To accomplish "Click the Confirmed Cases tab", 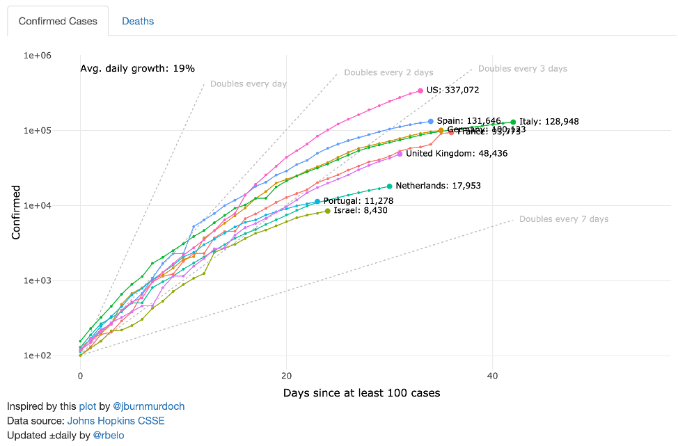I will click(x=58, y=21).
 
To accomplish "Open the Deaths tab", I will click(x=138, y=21).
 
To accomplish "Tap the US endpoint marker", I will click(x=420, y=90).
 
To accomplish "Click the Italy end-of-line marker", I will click(x=513, y=122).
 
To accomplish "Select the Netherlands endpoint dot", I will click(x=389, y=186).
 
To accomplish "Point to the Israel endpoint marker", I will click(x=328, y=210).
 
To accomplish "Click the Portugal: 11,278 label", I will click(x=358, y=201).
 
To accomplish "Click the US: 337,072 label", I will click(x=452, y=90).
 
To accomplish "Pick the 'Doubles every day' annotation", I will click(x=248, y=84).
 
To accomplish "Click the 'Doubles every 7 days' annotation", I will click(x=563, y=219).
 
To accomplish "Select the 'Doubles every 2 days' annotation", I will click(x=388, y=72).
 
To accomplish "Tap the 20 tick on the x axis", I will click(x=286, y=376).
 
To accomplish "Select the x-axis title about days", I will click(x=361, y=393).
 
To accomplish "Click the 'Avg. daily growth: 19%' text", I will click(x=138, y=68).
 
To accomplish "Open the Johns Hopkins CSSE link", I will click(x=116, y=421).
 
